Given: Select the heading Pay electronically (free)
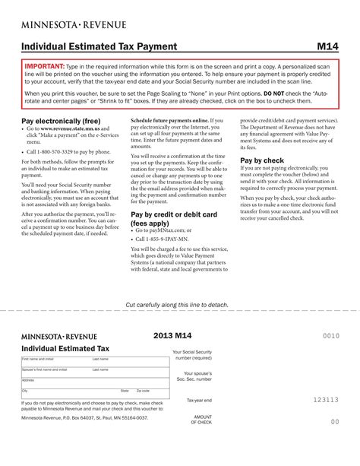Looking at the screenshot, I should pos(61,121).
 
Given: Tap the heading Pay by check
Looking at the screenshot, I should pos(262,160).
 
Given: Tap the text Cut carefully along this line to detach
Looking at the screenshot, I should pos(176,304).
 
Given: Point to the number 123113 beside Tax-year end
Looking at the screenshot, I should pos(326,399).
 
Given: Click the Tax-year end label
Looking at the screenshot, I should pos(199,400).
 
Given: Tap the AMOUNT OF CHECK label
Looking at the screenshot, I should pos(202,420).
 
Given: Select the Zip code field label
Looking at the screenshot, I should pos(143,390).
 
